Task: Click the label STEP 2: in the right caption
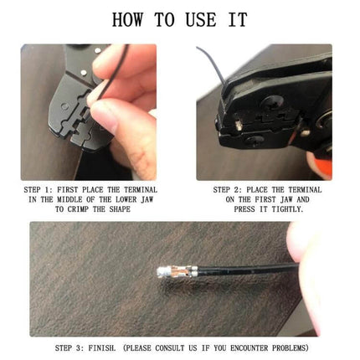(229, 190)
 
